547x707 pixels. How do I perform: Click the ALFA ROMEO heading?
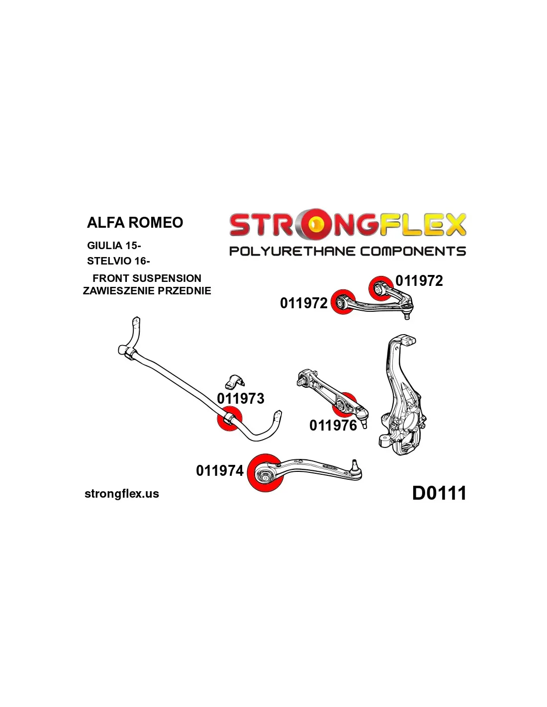click(x=135, y=222)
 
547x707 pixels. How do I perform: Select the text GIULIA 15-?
click(x=114, y=245)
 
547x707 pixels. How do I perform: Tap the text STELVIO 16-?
click(x=118, y=261)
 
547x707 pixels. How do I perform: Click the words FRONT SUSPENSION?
click(x=147, y=278)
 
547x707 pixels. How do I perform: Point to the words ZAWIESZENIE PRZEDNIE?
click(x=147, y=291)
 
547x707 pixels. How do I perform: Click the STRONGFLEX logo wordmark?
click(x=347, y=225)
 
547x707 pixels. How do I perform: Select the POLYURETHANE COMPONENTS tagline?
click(x=347, y=251)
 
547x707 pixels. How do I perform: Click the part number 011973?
click(x=241, y=398)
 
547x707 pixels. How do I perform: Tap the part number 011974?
click(x=220, y=470)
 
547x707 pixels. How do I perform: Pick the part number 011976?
click(x=333, y=425)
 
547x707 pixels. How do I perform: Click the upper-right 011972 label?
click(x=419, y=281)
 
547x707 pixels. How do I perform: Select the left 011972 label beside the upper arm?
click(x=304, y=303)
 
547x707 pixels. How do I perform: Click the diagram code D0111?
click(x=439, y=493)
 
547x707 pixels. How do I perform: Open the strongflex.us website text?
click(x=122, y=494)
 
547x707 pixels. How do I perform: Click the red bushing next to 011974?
click(x=265, y=473)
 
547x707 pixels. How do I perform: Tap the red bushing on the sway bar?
click(x=229, y=419)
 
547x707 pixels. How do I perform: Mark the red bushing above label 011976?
click(x=345, y=405)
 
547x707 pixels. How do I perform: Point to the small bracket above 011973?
click(x=234, y=382)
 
